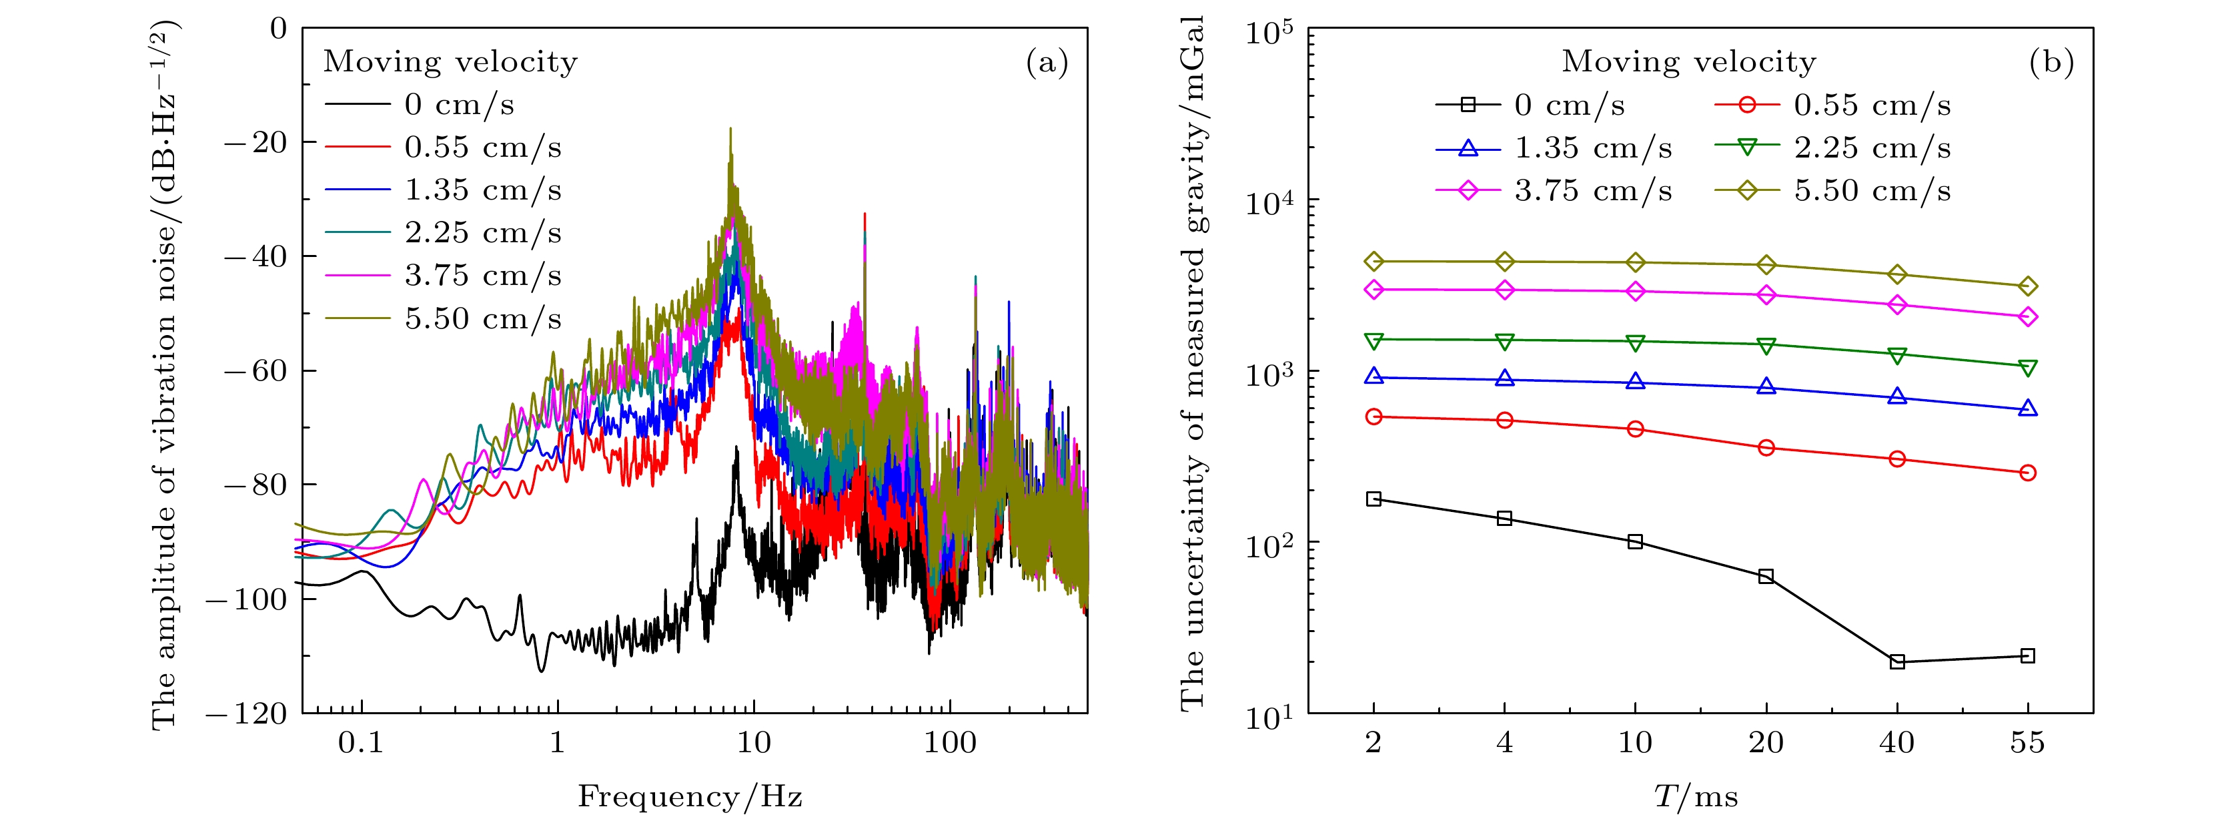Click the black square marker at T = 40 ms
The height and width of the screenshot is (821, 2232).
tap(1896, 662)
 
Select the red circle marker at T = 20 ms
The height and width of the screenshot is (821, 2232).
tap(1766, 447)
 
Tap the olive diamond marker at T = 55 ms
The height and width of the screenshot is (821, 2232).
tap(2027, 286)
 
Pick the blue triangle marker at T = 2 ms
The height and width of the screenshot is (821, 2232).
tap(1373, 376)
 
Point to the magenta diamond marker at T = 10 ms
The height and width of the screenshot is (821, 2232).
tap(1635, 291)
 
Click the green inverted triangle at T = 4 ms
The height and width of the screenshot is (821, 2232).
tap(1504, 340)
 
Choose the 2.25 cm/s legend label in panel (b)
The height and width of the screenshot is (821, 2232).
tap(1872, 148)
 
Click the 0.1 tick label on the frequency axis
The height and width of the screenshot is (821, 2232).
tap(360, 743)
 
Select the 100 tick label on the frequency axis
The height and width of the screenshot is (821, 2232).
tap(950, 743)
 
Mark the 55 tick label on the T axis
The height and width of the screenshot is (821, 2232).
tap(2027, 743)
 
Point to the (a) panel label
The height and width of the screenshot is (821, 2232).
tap(1047, 63)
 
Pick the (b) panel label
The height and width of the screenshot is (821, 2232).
tap(2051, 63)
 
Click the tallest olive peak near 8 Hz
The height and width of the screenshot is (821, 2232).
tap(730, 130)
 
